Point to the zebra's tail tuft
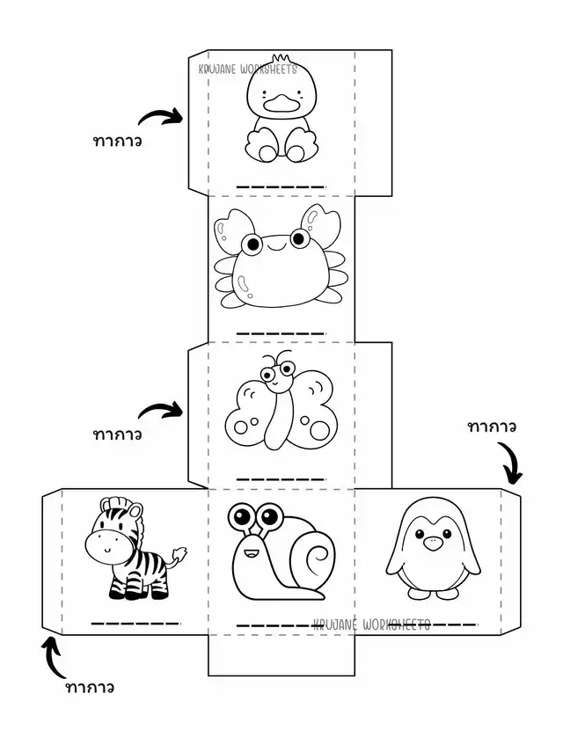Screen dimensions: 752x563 (180, 556)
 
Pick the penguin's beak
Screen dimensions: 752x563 (432, 544)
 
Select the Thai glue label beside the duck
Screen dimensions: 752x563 (117, 140)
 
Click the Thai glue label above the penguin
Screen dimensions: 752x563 (492, 427)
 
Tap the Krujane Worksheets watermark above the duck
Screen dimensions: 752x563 (248, 69)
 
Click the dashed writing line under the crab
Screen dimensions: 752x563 (281, 334)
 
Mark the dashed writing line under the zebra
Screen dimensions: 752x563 (135, 623)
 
